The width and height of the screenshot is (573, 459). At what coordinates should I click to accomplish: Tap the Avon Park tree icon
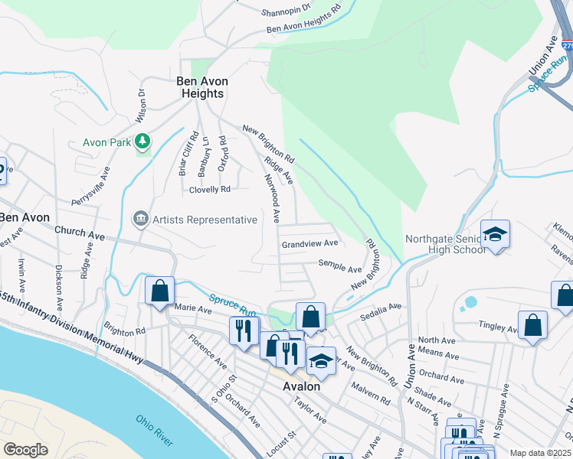(142, 141)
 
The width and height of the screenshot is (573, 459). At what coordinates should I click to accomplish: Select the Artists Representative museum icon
(140, 220)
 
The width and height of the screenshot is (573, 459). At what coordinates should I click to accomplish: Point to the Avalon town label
(301, 386)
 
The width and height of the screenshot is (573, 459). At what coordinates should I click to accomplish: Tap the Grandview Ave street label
(309, 243)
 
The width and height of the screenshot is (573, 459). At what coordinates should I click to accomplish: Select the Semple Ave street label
(340, 269)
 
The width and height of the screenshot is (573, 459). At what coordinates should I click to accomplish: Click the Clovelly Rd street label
(209, 189)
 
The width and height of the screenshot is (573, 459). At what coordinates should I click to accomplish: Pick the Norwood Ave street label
(274, 197)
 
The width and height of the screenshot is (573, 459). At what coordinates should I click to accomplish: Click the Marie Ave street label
(193, 309)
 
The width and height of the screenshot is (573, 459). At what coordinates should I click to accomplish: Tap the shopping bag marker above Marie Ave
(159, 291)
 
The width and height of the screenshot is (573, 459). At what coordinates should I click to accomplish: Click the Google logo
(25, 449)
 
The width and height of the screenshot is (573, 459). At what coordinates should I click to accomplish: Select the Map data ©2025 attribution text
(539, 453)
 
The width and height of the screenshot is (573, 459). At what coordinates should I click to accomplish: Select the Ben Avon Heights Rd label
(303, 21)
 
